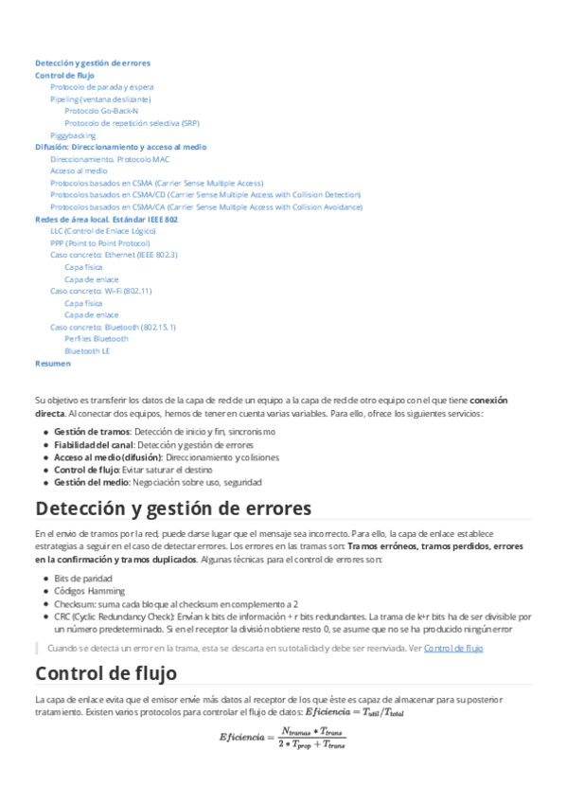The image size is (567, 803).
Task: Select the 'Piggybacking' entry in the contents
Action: point(73,135)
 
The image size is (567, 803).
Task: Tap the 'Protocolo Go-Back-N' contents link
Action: point(101,111)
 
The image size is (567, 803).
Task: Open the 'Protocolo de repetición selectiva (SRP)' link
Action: point(132,123)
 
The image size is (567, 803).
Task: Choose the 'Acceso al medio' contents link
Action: point(79,171)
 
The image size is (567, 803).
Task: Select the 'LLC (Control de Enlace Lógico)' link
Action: point(102,231)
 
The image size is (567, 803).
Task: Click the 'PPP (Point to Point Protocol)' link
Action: point(99,242)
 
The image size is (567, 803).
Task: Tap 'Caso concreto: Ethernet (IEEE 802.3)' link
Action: point(114,255)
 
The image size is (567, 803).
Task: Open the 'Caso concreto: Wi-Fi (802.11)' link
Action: point(100,291)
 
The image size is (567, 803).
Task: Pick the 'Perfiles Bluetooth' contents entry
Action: point(97,338)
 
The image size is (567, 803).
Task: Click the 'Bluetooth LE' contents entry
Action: point(87,350)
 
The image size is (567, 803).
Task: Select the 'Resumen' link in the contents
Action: point(52,363)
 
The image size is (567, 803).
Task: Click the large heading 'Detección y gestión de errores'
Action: point(173,509)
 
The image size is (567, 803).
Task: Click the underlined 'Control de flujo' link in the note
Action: point(453,649)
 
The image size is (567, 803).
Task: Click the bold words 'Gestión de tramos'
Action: point(92,432)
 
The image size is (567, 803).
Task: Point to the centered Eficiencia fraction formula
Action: point(283,737)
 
